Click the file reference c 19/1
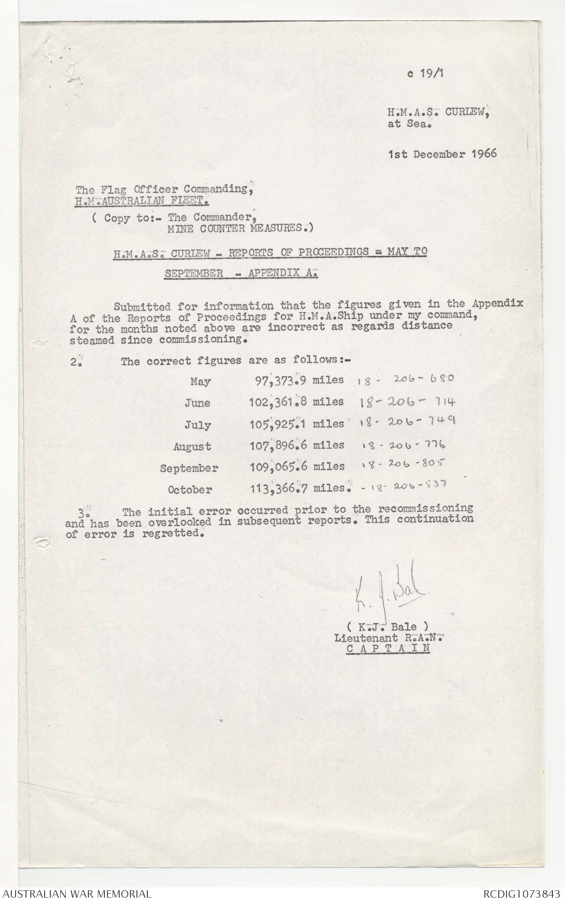[426, 73]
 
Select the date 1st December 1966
[442, 154]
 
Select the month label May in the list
[200, 382]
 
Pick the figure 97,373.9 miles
[299, 380]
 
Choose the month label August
[192, 446]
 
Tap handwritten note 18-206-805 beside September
[403, 464]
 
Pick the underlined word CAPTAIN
[388, 648]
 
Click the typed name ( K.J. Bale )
[387, 626]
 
